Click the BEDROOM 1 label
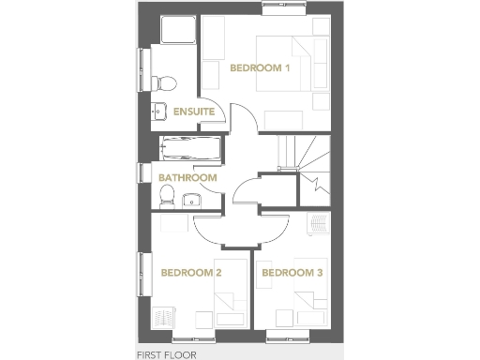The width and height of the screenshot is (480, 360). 262,68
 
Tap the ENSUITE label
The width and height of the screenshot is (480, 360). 194,112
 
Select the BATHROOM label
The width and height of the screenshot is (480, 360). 187,177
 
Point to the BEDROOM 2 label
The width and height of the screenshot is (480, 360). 190,273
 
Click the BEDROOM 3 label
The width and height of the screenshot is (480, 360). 292,273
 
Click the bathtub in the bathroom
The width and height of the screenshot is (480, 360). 189,148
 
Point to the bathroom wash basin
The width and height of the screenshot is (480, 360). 191,199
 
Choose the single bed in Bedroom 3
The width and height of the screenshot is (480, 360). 307,306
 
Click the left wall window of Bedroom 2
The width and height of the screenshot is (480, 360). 143,275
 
